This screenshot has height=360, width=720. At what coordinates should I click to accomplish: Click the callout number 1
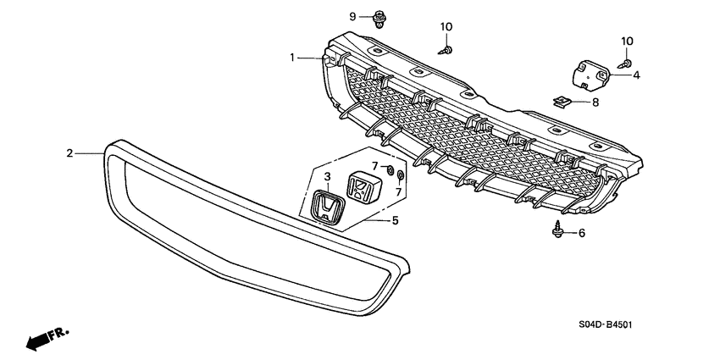coord(291,58)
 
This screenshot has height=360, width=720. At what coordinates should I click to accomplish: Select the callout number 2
coord(70,153)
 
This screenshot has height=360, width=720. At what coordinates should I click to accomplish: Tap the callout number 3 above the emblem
coord(325,176)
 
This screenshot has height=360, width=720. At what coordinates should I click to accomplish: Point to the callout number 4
coord(636,75)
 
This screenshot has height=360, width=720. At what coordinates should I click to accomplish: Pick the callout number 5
coord(394,221)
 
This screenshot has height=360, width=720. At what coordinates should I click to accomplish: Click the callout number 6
coord(581,233)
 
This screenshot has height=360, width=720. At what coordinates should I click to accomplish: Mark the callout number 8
coord(595,102)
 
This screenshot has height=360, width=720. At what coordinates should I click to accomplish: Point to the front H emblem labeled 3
coord(325,208)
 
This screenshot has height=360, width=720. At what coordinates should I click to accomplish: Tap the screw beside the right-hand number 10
coord(624,62)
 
